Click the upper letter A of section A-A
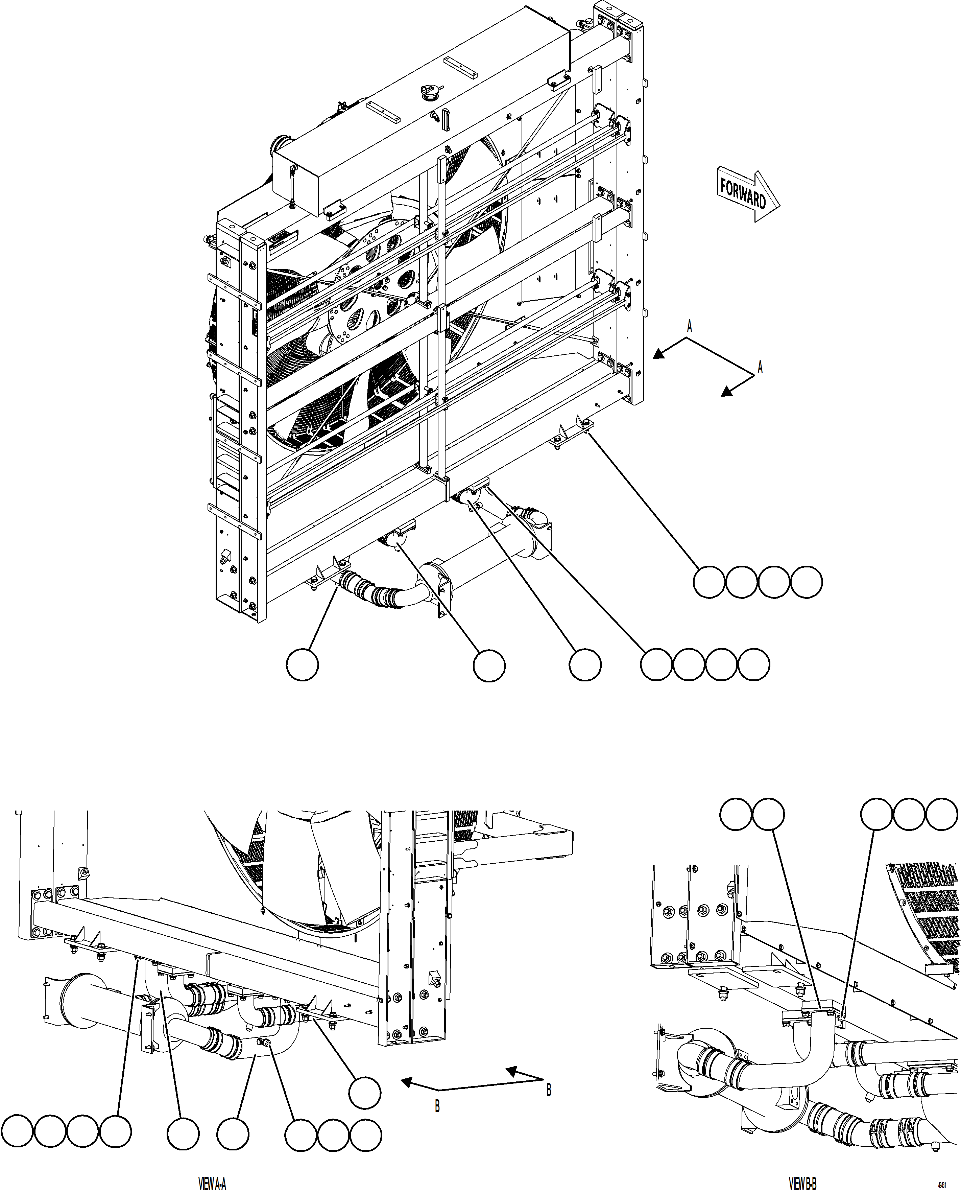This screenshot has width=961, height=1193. coord(689,326)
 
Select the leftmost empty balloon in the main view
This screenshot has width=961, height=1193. coord(302,664)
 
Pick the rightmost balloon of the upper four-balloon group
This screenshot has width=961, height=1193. coord(806,582)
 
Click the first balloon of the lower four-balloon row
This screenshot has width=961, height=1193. coord(656,664)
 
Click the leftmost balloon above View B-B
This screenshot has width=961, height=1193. coord(735,814)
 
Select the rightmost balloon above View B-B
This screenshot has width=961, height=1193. coord(942,814)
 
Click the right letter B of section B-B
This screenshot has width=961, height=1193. coord(549,1090)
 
